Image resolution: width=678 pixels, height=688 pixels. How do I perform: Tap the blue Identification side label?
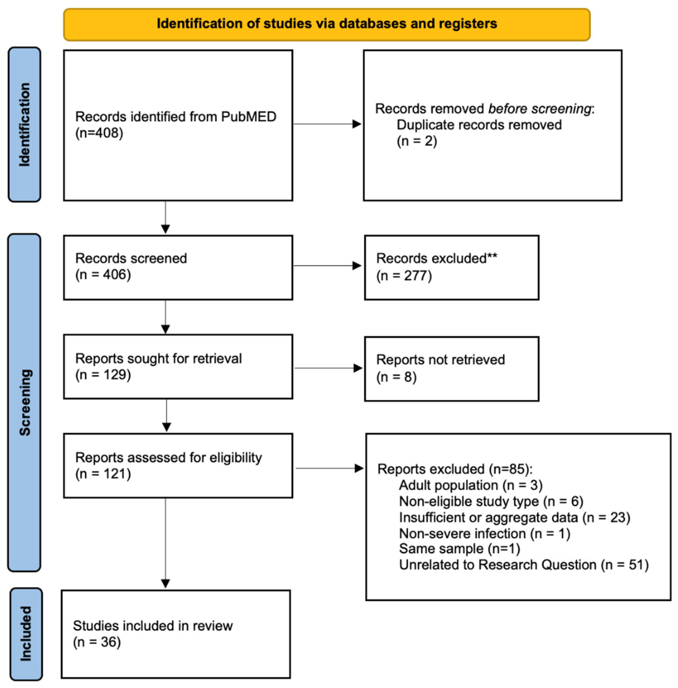pos(24,124)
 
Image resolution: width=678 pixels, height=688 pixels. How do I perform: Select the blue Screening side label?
pos(25,402)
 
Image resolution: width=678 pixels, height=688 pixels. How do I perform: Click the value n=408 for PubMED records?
pos(99,133)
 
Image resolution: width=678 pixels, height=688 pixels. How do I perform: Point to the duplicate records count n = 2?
pos(417,141)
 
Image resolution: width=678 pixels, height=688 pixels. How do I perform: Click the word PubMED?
pos(248,117)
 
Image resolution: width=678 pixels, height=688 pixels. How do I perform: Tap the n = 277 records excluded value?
pos(404,276)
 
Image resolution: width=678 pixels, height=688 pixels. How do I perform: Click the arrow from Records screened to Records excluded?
pos(327,265)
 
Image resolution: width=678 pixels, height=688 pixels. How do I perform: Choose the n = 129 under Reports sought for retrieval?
pos(103,375)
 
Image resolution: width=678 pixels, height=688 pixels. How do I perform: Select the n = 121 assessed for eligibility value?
pos(103,474)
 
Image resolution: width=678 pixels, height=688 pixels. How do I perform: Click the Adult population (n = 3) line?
pos(470,485)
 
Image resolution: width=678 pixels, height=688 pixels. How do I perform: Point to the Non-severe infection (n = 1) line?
pos(484,534)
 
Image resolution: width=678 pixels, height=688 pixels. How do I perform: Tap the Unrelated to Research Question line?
pos(523,565)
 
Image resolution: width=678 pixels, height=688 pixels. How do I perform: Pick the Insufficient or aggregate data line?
pos(514,518)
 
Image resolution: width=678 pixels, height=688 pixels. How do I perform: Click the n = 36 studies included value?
pos(97,642)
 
